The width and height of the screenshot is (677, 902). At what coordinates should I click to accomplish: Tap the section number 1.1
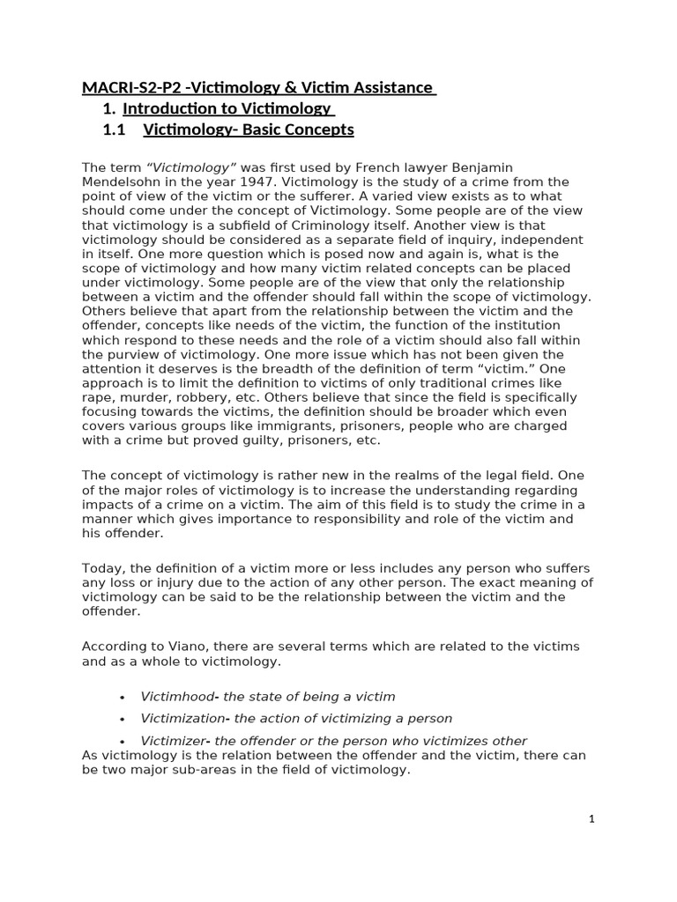(115, 129)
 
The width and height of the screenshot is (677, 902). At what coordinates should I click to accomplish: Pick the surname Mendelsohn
(119, 181)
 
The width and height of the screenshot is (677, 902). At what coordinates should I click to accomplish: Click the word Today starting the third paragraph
(101, 568)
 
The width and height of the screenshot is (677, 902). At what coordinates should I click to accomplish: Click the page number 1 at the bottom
(592, 819)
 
